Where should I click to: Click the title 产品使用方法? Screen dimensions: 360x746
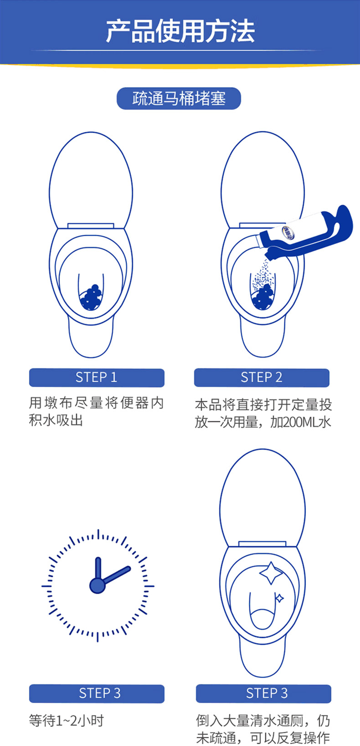[x=180, y=31]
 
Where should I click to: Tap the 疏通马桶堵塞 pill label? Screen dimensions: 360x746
[x=179, y=98]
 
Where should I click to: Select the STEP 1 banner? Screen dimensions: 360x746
[x=97, y=378]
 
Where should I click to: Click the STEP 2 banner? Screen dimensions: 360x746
[x=262, y=378]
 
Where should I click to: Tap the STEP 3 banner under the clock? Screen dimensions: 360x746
[x=97, y=694]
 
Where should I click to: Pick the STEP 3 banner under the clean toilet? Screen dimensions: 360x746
[x=263, y=694]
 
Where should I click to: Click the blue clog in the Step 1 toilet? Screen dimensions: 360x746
[x=91, y=297]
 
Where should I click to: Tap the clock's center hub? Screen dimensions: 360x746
[x=98, y=586]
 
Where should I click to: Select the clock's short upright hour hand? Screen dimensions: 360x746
[x=98, y=569]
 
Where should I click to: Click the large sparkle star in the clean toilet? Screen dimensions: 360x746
[x=271, y=573]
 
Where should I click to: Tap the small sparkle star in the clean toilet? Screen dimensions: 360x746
[x=279, y=598]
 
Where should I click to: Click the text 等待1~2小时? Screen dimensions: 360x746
[x=67, y=720]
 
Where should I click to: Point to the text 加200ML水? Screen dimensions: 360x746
[x=300, y=422]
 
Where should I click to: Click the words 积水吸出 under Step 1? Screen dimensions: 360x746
[x=56, y=420]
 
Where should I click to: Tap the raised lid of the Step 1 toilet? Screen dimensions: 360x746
[x=91, y=180]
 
